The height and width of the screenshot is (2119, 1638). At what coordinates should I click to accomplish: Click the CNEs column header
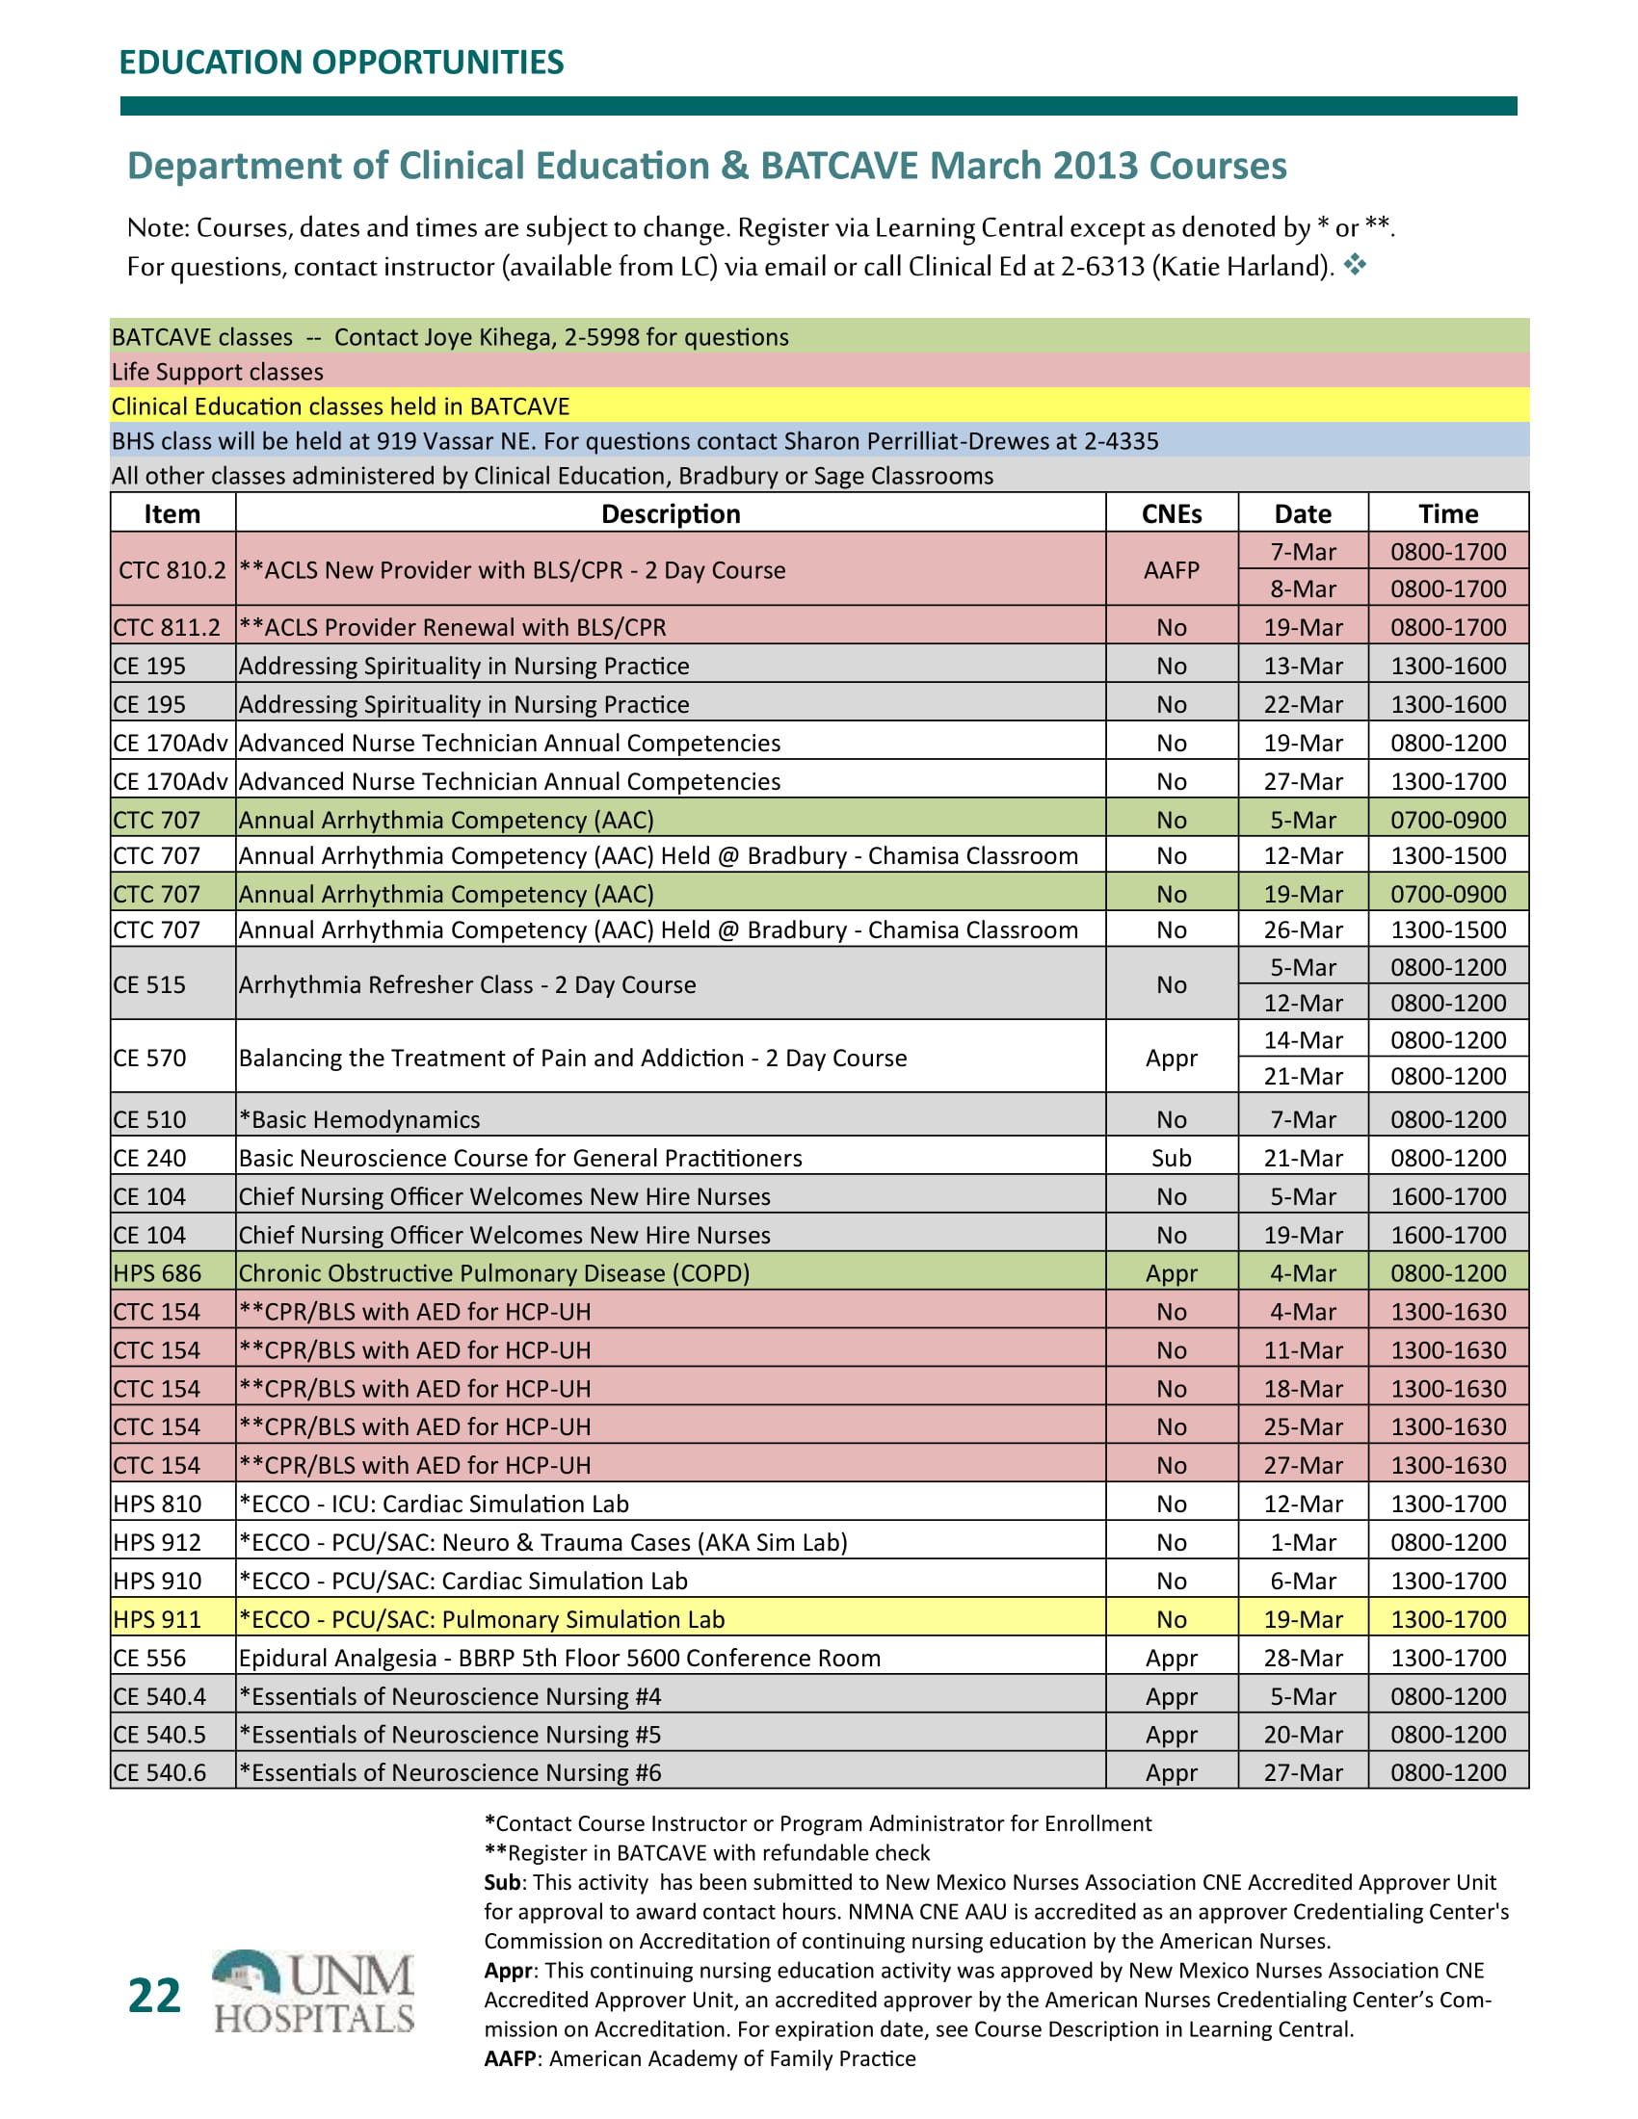(1171, 513)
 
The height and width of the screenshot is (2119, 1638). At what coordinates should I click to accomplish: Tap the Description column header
(671, 513)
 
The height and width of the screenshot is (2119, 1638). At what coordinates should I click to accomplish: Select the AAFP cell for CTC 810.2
(1171, 569)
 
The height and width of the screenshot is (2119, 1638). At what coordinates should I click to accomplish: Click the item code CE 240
(149, 1158)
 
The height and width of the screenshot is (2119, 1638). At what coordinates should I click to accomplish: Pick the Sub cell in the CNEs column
(1171, 1158)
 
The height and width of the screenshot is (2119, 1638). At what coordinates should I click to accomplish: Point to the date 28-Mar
(1303, 1658)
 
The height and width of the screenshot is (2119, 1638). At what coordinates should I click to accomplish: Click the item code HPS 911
(157, 1619)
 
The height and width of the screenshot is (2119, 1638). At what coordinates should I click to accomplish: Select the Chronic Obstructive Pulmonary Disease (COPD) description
(494, 1273)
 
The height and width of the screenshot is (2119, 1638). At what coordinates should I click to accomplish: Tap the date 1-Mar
(1303, 1542)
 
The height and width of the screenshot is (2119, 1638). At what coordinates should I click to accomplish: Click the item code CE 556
(149, 1658)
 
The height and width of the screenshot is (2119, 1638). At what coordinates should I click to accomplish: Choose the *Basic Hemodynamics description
(359, 1118)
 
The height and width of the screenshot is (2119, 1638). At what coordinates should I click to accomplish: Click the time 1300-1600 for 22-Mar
(1448, 704)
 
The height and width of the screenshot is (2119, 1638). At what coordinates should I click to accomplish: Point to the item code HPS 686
(157, 1273)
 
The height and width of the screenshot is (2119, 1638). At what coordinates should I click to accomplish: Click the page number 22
(154, 1995)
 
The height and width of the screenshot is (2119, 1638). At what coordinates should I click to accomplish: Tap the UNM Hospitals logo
(313, 1991)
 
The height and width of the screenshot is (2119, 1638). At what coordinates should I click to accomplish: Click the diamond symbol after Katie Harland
(1355, 264)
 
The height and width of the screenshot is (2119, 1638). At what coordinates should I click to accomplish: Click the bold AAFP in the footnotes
(510, 2059)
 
